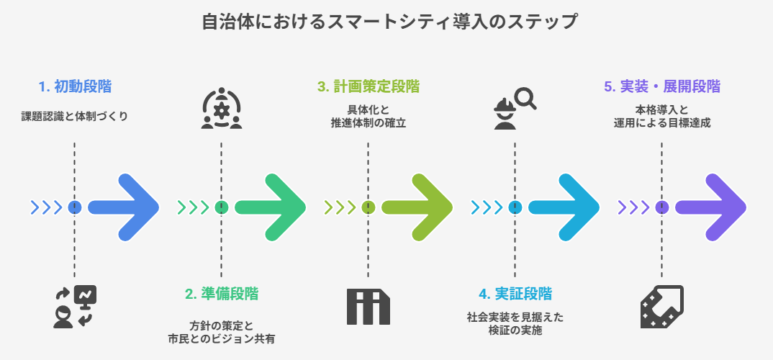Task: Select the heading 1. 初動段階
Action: pyautogui.click(x=75, y=87)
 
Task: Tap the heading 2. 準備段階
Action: pyautogui.click(x=222, y=294)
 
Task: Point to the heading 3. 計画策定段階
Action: pyautogui.click(x=368, y=87)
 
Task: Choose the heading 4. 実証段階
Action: pyautogui.click(x=515, y=294)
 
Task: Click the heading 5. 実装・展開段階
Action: pyautogui.click(x=661, y=87)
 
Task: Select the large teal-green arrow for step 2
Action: pyautogui.click(x=271, y=207)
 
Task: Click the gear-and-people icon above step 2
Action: pyautogui.click(x=222, y=109)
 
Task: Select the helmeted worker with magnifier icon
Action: pyautogui.click(x=515, y=109)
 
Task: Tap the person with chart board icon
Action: pyautogui.click(x=75, y=307)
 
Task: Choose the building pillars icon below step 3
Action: pyautogui.click(x=368, y=307)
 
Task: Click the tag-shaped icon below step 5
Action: pyautogui.click(x=661, y=307)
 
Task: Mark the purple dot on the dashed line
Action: pyautogui.click(x=662, y=207)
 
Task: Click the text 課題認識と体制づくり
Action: pyautogui.click(x=75, y=116)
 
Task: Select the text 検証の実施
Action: pyautogui.click(x=515, y=331)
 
